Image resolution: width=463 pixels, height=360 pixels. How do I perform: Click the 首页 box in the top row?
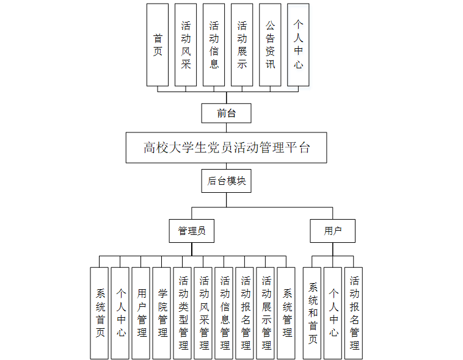pos(158,45)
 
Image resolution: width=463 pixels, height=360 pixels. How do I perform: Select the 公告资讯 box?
pos(270,45)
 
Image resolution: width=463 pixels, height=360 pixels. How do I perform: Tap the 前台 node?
pos(226,113)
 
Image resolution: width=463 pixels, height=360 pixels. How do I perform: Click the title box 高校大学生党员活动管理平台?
pos(226,147)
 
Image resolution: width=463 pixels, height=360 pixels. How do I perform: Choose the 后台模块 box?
pos(226,181)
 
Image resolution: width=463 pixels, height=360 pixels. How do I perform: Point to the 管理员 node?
pos(191,231)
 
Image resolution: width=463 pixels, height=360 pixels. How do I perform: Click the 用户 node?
pos(332,231)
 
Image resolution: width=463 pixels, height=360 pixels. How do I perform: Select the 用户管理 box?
pos(142,312)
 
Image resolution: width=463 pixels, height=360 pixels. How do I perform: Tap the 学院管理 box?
pos(162,312)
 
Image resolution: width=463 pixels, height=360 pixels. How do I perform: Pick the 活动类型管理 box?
pos(183,312)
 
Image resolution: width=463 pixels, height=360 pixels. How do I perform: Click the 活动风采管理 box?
pos(204,312)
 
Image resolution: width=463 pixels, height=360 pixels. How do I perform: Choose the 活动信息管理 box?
pos(225,312)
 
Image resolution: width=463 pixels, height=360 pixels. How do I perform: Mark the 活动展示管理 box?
pos(266,312)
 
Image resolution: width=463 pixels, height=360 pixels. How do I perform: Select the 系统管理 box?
pos(286,312)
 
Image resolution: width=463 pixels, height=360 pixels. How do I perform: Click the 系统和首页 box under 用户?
pos(313,312)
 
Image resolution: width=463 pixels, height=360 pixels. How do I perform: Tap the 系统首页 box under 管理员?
pos(100,312)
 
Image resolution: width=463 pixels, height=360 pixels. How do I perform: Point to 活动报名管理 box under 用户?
pos(354,312)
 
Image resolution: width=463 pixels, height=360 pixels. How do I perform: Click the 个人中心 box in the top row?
pos(298,45)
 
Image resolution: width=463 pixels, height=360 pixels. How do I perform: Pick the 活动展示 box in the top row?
pos(242,45)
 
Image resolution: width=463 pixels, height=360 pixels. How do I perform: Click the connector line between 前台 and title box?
pos(226,127)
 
